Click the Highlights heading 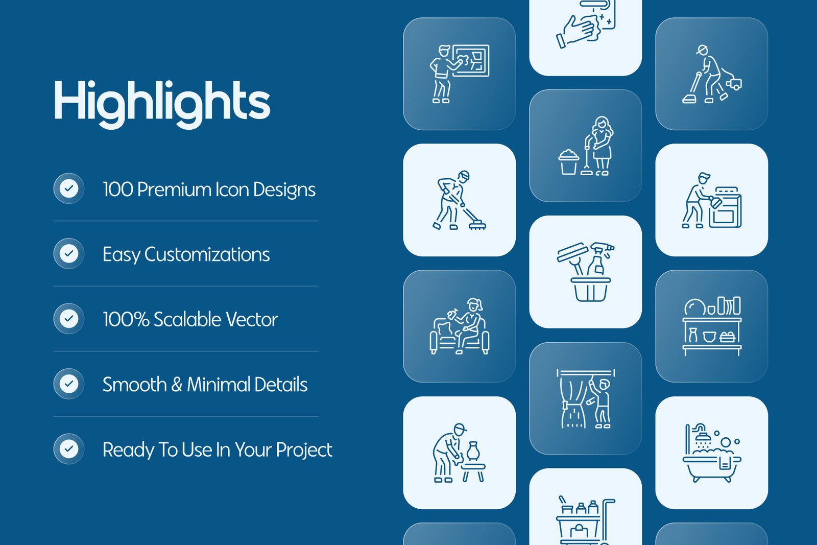pos(162,104)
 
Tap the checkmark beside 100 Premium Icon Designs pos(68,188)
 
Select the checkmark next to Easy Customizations pos(68,253)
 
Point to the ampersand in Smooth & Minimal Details pos(177,385)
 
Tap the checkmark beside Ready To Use pos(68,448)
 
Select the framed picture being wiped pos(471,61)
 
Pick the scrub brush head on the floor pos(477,225)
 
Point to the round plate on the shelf pos(694,307)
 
